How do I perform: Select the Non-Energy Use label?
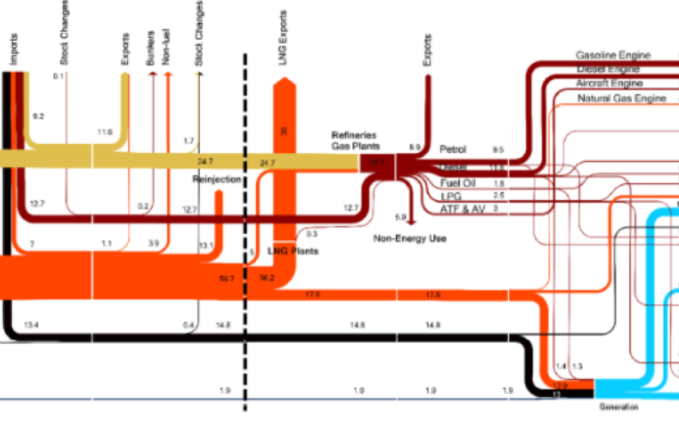[x=410, y=239]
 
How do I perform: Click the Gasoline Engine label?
[x=613, y=56]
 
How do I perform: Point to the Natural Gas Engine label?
[x=622, y=98]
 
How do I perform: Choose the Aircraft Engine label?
[x=610, y=83]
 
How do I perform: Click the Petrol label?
[x=453, y=149]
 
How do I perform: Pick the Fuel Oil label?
[x=458, y=183]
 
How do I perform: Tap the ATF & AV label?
[x=462, y=208]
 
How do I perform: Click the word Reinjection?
[x=217, y=179]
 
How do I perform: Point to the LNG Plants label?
[x=293, y=250]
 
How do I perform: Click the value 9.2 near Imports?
[x=38, y=117]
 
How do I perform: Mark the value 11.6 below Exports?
[x=105, y=133]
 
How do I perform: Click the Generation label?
[x=618, y=407]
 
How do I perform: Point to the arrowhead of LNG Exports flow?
[x=284, y=84]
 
